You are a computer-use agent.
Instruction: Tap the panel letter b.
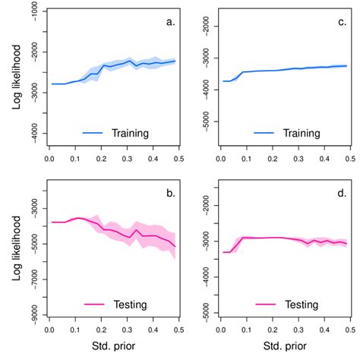[171, 194]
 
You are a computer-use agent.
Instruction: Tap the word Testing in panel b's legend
[127, 303]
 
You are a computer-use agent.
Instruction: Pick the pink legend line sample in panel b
[82, 303]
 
